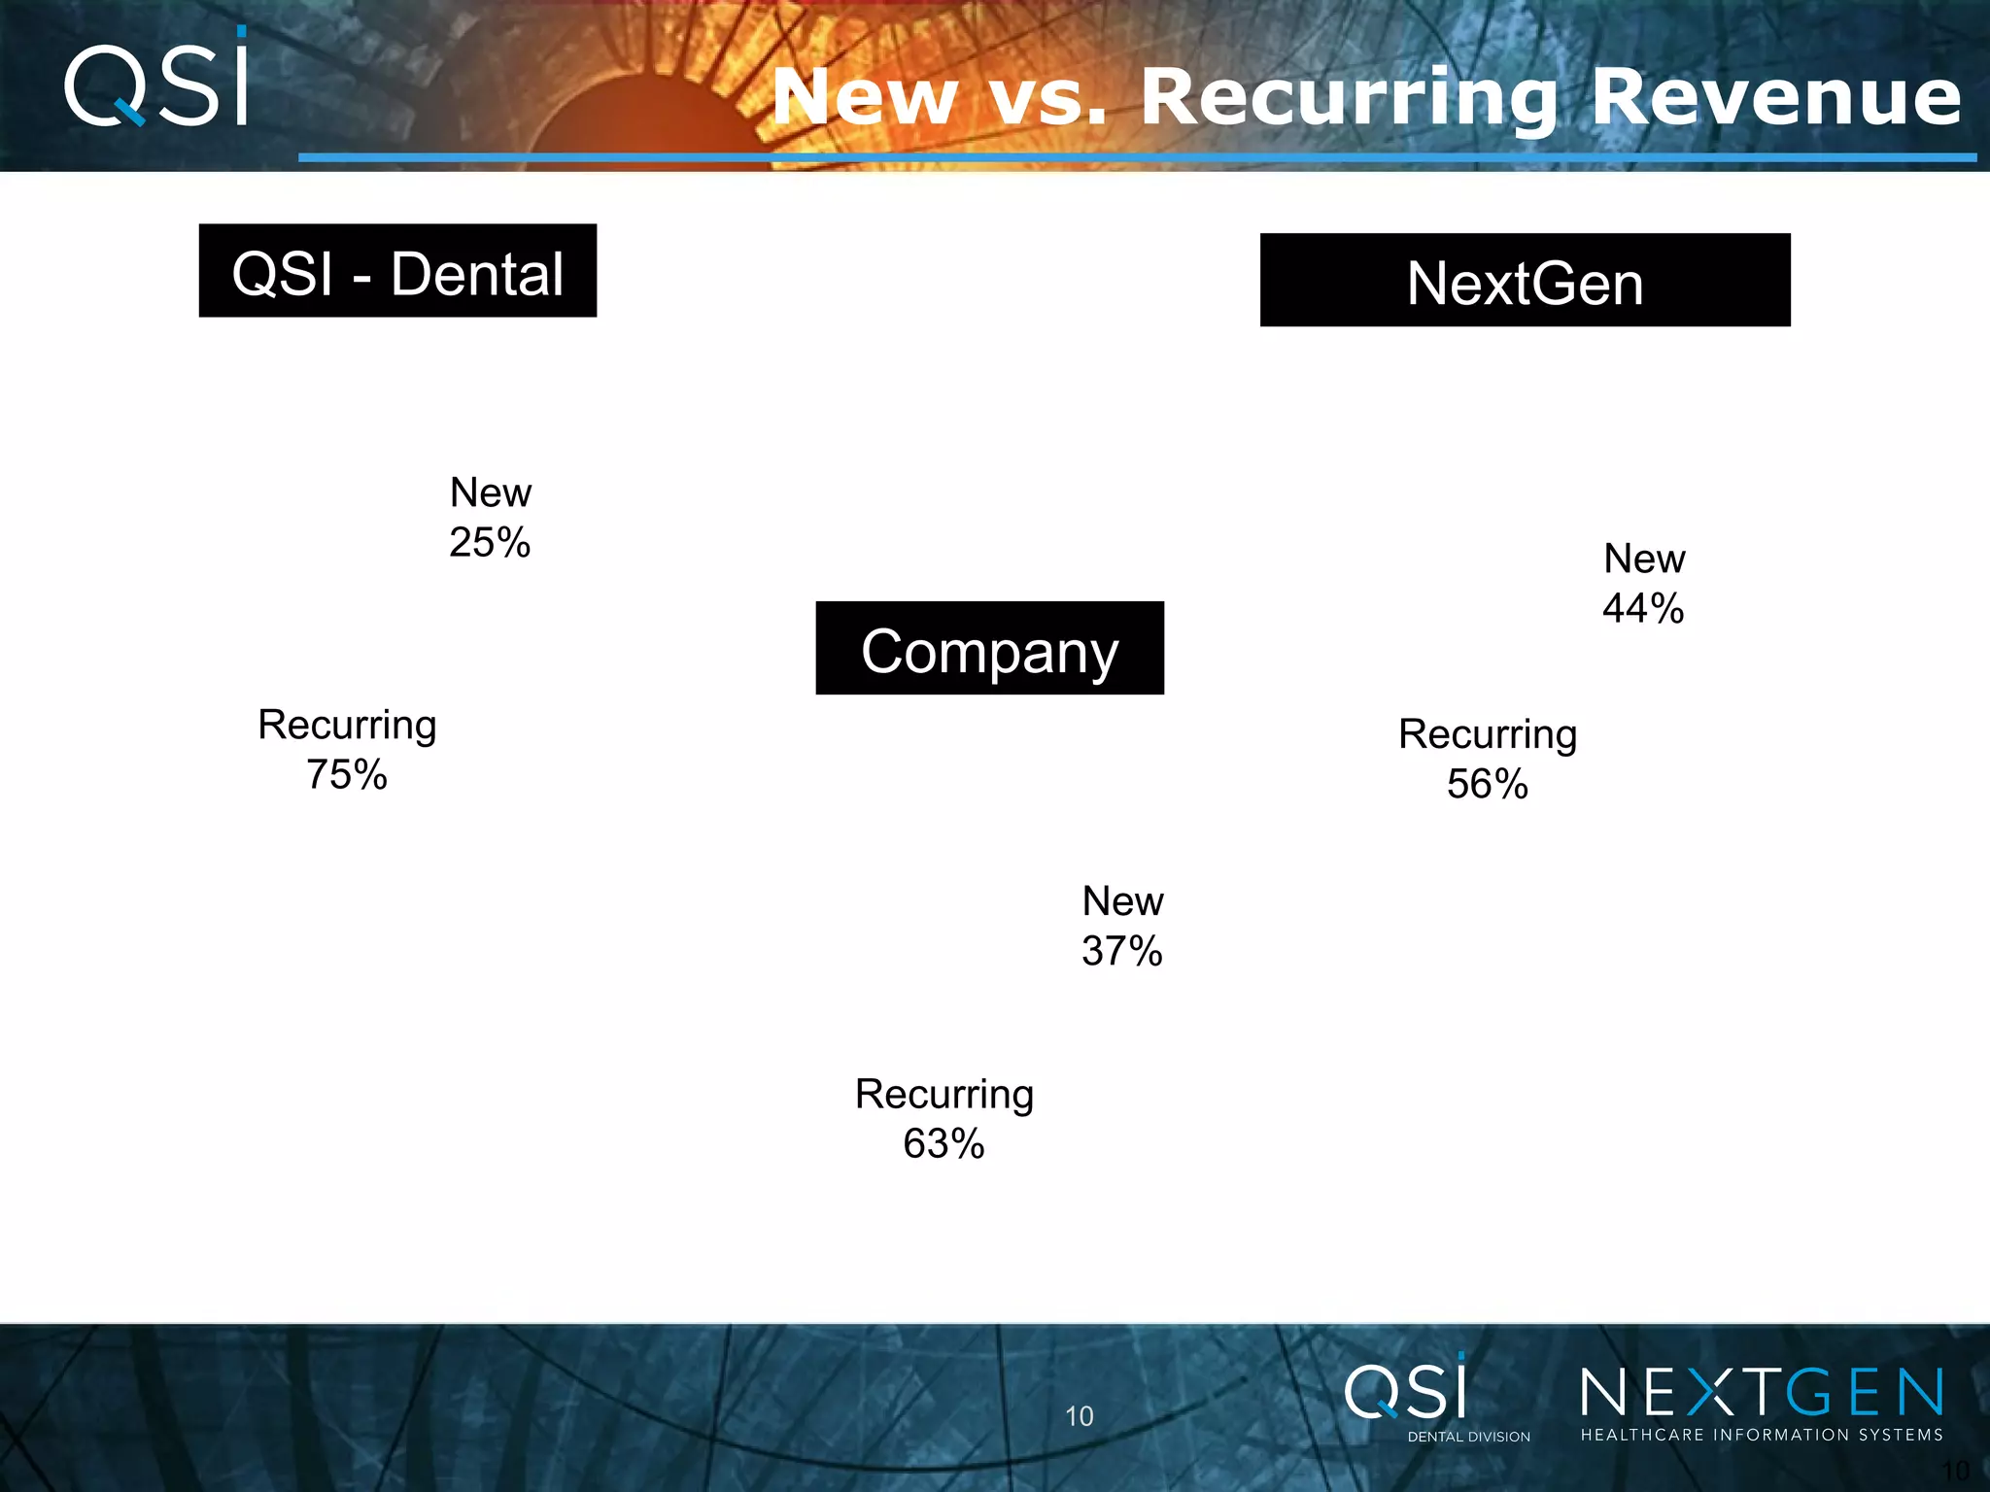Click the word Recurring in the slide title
point(1351,99)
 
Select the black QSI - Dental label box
point(397,271)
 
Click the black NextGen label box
point(1525,281)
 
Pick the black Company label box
point(989,649)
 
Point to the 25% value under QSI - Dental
point(490,543)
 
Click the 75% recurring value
point(347,775)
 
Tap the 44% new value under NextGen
point(1643,609)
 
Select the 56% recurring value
point(1487,785)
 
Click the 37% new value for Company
point(1122,952)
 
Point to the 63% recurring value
point(944,1144)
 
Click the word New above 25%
point(491,493)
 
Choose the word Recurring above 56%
point(1487,735)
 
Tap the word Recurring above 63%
point(944,1095)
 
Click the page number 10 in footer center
point(1079,1416)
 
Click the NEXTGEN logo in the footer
point(1761,1393)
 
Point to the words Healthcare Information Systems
point(1761,1435)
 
